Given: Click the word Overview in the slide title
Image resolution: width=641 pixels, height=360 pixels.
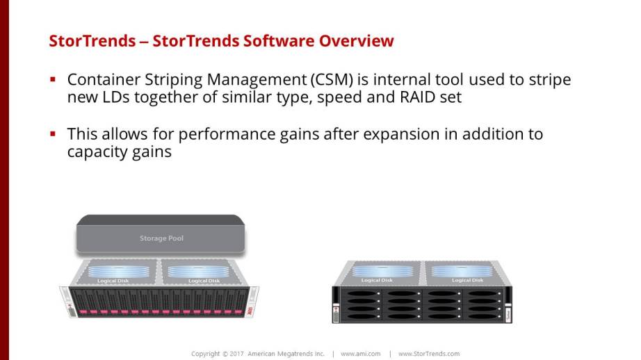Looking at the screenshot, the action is coord(356,41).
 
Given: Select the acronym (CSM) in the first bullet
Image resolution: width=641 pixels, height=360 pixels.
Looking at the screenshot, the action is coord(332,80).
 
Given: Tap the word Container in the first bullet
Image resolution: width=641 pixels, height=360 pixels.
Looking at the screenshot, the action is coord(104,79).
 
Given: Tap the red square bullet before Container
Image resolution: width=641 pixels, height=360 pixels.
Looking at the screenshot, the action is coord(53,79).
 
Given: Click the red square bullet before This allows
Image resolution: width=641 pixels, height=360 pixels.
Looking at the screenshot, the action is coord(53,133).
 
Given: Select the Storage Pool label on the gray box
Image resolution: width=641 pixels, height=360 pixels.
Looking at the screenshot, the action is coord(161,238).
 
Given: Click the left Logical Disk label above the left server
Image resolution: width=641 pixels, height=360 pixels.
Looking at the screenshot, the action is coord(113,281).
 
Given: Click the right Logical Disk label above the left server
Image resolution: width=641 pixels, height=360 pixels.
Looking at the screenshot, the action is coord(204,281).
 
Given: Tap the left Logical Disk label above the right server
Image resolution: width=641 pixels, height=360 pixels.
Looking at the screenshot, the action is coord(377,280).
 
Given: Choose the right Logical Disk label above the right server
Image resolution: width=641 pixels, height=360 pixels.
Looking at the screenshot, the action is coord(468,280).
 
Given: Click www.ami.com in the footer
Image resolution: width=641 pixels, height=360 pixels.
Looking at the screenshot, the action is coord(361,354).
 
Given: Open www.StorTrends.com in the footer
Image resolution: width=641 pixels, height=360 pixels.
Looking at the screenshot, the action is coord(429,354).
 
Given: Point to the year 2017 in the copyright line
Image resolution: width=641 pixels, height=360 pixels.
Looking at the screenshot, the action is coord(236,354).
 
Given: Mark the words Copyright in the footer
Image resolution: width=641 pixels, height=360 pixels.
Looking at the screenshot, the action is coord(206,354).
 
